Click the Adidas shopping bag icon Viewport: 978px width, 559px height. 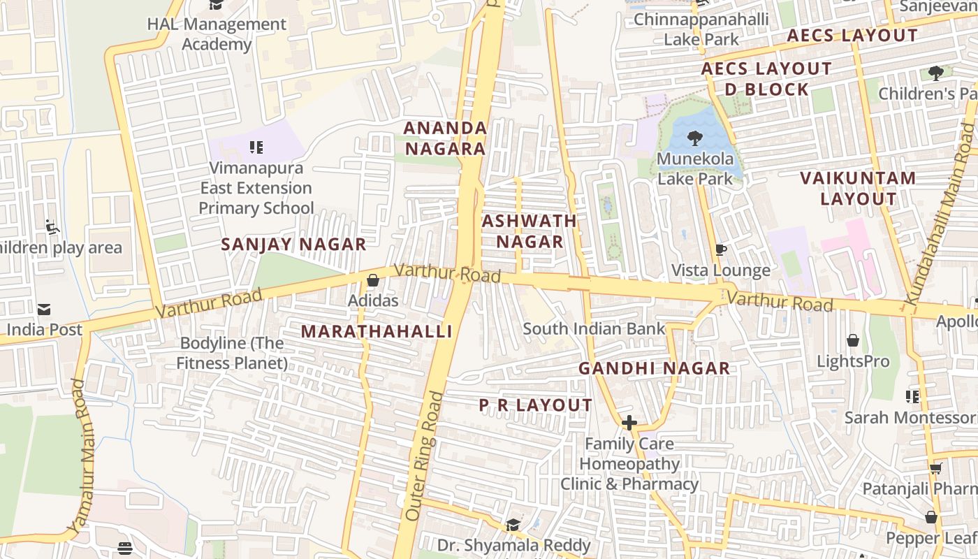[373, 280]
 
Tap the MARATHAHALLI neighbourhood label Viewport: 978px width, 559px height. [377, 332]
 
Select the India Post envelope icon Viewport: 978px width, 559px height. [44, 310]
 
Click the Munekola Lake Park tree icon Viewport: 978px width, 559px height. [694, 138]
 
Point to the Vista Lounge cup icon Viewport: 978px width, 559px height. [721, 249]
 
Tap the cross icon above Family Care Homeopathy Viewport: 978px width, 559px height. [629, 422]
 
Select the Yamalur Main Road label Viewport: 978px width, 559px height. [82, 455]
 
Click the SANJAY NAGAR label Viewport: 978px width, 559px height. [293, 245]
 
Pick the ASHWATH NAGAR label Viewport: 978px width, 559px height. [530, 231]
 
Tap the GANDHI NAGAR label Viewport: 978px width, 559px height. [654, 368]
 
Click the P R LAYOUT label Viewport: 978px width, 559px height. [535, 405]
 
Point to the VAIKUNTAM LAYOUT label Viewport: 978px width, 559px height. [858, 188]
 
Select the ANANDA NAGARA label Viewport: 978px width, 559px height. [445, 138]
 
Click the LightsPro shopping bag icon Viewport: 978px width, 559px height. [852, 341]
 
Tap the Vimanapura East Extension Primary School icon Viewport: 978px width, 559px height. [256, 147]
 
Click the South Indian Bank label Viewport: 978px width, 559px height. [594, 328]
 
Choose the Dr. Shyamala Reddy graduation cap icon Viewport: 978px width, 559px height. [513, 525]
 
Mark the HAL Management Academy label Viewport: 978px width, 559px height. [217, 34]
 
